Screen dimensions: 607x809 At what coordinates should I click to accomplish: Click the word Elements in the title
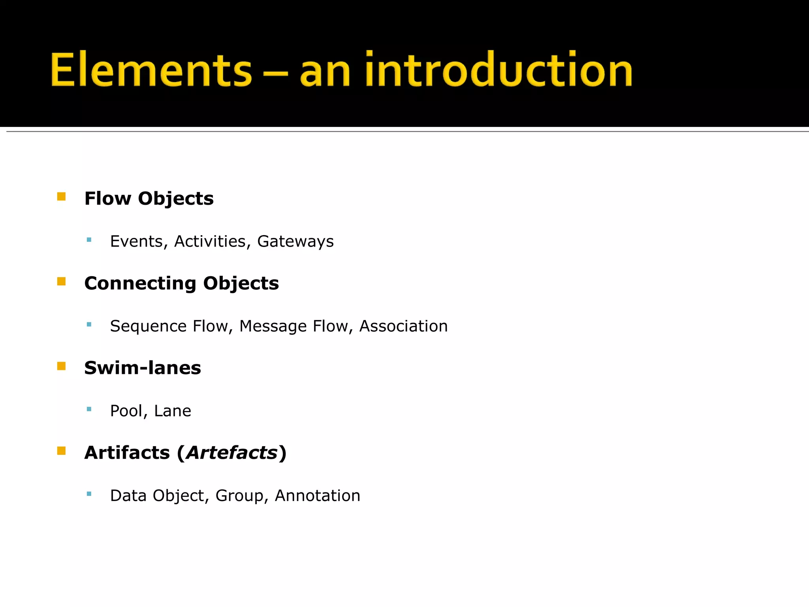click(x=151, y=70)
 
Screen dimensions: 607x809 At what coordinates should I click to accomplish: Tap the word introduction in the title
click(x=499, y=70)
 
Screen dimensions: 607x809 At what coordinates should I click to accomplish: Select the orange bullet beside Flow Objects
click(x=61, y=197)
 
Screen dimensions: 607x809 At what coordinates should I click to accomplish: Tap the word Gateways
click(x=295, y=241)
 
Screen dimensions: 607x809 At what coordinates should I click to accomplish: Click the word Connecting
click(x=140, y=284)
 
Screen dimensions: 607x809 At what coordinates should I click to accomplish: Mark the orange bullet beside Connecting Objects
click(x=61, y=281)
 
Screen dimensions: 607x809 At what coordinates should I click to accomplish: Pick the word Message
click(x=273, y=326)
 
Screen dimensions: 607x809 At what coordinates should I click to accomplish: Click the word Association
click(x=403, y=326)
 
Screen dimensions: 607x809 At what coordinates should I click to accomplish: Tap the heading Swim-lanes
click(x=143, y=368)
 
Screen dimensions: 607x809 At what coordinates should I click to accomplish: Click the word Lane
click(x=172, y=411)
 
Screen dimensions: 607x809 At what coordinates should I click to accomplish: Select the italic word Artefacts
click(x=232, y=453)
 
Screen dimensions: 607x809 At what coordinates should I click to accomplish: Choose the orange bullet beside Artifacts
click(x=61, y=451)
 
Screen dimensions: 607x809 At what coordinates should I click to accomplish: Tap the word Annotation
click(x=317, y=496)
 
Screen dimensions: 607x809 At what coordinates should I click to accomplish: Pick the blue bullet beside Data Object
click(x=89, y=494)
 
